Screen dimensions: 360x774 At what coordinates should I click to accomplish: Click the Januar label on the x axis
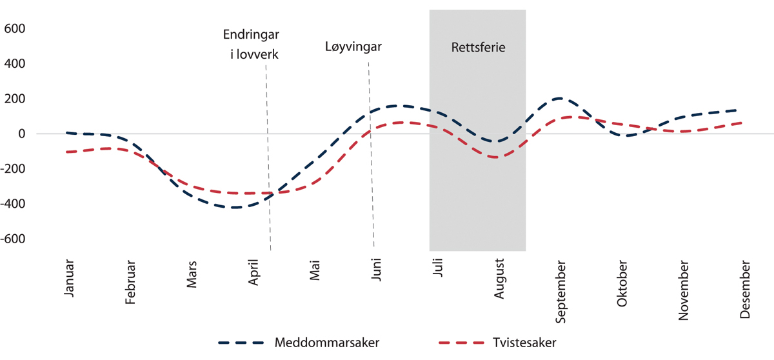[x=70, y=279]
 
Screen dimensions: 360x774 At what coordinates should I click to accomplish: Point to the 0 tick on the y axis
[x=21, y=134]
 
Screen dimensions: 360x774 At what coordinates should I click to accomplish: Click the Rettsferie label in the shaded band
[x=478, y=47]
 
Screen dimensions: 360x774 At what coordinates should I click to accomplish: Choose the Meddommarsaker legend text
[x=326, y=343]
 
